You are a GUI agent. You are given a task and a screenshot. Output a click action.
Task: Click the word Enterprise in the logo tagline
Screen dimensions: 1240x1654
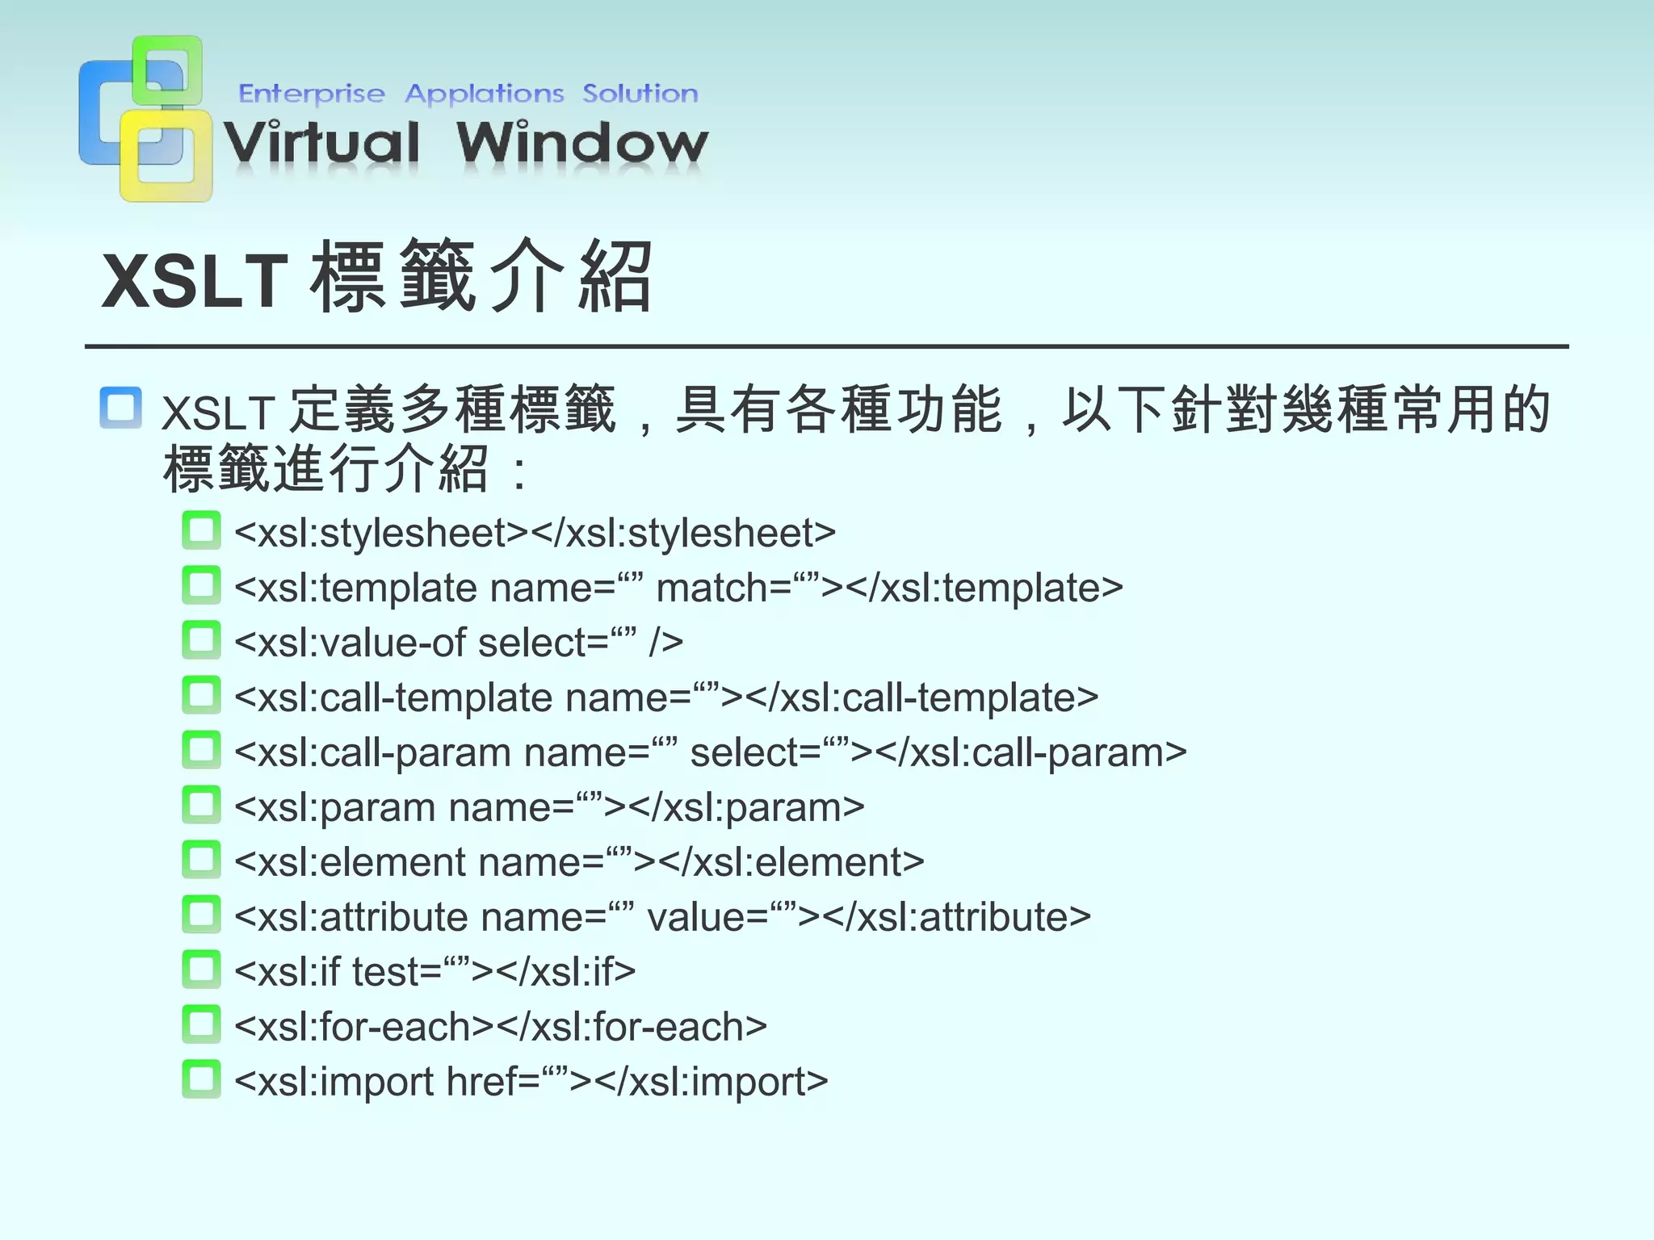[311, 94]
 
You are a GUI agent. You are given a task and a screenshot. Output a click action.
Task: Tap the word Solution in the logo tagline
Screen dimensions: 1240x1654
[640, 94]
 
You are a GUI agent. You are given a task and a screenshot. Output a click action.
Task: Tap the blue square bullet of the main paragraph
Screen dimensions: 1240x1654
[121, 408]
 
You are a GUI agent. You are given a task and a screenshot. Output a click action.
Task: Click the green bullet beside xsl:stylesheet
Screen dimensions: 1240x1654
[201, 531]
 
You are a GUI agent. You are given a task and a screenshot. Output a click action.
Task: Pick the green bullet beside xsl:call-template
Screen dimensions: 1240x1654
[201, 696]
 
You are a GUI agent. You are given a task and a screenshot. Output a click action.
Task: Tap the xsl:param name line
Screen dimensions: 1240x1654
[549, 807]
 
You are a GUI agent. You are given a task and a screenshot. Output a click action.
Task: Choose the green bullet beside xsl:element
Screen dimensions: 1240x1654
[201, 861]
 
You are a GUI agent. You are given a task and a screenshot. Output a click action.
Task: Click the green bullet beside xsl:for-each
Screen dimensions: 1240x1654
[201, 1025]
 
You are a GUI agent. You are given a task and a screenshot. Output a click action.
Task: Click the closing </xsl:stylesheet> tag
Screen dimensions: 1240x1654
[684, 533]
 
